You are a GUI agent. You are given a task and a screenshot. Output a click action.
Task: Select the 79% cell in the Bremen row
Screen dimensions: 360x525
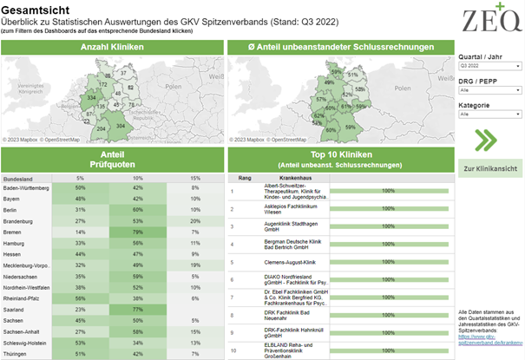point(137,232)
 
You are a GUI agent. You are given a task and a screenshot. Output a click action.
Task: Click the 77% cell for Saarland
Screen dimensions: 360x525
point(137,310)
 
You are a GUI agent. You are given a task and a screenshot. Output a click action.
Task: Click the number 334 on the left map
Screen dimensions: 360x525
point(93,97)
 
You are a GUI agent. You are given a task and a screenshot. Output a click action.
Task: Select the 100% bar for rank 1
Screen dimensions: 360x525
point(388,190)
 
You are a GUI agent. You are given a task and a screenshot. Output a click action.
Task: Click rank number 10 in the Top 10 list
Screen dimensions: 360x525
point(233,350)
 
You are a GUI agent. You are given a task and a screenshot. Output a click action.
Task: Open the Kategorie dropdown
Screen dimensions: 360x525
point(489,114)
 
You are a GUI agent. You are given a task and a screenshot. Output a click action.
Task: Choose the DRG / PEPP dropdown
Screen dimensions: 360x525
point(489,89)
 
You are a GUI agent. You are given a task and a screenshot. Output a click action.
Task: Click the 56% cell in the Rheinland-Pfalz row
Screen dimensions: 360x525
point(81,298)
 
